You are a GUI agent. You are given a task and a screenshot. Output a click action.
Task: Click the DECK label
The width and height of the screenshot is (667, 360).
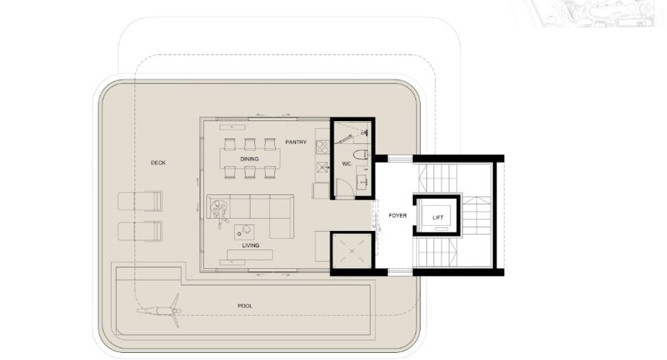pyautogui.click(x=158, y=163)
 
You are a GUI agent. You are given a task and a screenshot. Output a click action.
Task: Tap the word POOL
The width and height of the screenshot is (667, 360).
pyautogui.click(x=245, y=306)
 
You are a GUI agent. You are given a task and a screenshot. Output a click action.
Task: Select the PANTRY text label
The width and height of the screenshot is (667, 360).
pyautogui.click(x=296, y=142)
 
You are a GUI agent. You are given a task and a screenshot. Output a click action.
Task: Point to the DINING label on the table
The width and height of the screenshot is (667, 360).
pyautogui.click(x=249, y=159)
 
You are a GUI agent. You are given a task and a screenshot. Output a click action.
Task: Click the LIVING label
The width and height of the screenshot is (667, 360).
pyautogui.click(x=251, y=245)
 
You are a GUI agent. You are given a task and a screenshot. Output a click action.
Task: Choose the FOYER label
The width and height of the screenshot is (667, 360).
pyautogui.click(x=398, y=216)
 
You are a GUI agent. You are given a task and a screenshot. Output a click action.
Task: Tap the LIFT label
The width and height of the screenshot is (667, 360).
pyautogui.click(x=438, y=217)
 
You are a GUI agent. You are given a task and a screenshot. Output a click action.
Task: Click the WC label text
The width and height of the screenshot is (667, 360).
pyautogui.click(x=347, y=164)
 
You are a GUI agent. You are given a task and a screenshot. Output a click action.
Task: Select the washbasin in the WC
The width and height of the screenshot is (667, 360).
pyautogui.click(x=363, y=182)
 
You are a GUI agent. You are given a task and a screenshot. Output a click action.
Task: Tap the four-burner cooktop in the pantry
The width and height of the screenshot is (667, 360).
pyautogui.click(x=323, y=147)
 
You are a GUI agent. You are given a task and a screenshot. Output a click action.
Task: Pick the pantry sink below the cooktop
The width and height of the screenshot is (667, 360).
pyautogui.click(x=323, y=166)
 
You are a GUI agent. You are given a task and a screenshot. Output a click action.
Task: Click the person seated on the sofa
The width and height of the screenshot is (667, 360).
pyautogui.click(x=219, y=212)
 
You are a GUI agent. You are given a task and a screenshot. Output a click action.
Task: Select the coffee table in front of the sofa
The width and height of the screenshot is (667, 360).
pyautogui.click(x=244, y=232)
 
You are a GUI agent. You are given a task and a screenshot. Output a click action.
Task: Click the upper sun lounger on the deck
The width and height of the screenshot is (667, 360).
pyautogui.click(x=140, y=201)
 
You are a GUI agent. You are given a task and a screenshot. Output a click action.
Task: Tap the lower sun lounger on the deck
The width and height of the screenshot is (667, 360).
pyautogui.click(x=140, y=231)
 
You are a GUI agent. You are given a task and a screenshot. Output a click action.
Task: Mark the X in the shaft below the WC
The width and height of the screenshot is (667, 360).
pyautogui.click(x=352, y=251)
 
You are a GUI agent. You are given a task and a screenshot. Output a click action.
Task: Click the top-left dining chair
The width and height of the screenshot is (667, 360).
pyautogui.click(x=229, y=144)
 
